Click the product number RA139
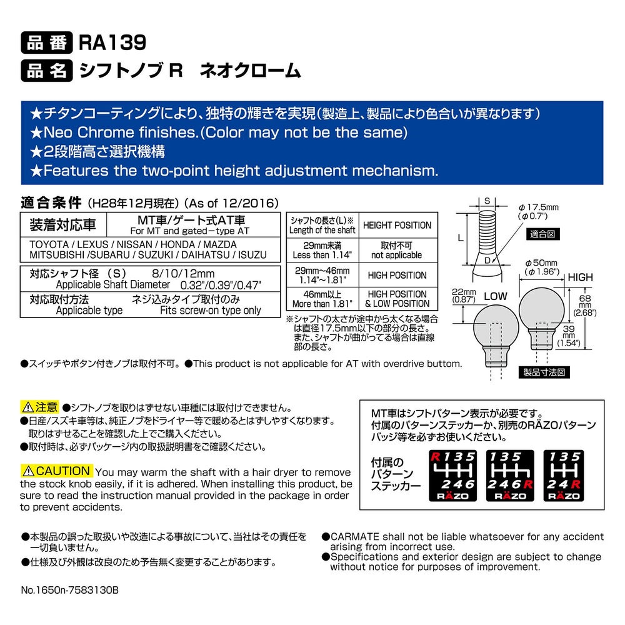pyautogui.click(x=112, y=42)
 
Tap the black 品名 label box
pyautogui.click(x=47, y=71)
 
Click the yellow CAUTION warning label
pyautogui.click(x=57, y=471)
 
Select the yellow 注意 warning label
pyautogui.click(x=40, y=407)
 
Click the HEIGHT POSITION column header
pyautogui.click(x=397, y=225)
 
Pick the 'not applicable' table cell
pyautogui.click(x=397, y=251)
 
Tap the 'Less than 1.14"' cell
pyautogui.click(x=322, y=251)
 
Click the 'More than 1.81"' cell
pyautogui.click(x=322, y=299)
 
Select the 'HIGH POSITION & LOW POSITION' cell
pyautogui.click(x=397, y=299)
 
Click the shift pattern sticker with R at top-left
pyautogui.click(x=452, y=476)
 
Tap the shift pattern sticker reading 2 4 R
pyautogui.click(x=564, y=476)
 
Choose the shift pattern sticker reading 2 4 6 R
pyautogui.click(x=510, y=476)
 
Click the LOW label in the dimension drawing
pyautogui.click(x=496, y=296)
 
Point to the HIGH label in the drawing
pyautogui.click(x=580, y=277)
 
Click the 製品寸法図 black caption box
pyautogui.click(x=544, y=372)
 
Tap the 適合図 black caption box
pyautogui.click(x=543, y=234)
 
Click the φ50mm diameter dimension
pyautogui.click(x=542, y=267)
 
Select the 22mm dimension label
pyautogui.click(x=464, y=296)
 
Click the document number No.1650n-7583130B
pyautogui.click(x=70, y=590)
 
